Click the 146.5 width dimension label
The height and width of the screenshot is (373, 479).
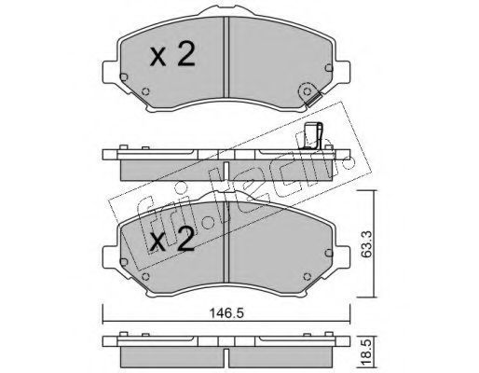coord(226,312)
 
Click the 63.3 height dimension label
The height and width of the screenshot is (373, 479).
coord(367,244)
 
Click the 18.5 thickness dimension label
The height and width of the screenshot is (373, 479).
coord(366,352)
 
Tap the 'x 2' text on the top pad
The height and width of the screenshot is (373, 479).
coord(172,54)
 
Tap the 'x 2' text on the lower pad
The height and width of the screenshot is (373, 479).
coord(172,239)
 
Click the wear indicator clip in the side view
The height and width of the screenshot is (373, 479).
coord(313,135)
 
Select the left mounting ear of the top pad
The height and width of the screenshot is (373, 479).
coord(111,72)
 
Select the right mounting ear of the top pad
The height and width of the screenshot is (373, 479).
coord(343,72)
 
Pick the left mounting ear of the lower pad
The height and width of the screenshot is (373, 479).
coord(111,257)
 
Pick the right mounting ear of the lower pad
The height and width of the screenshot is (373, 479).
coord(343,257)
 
